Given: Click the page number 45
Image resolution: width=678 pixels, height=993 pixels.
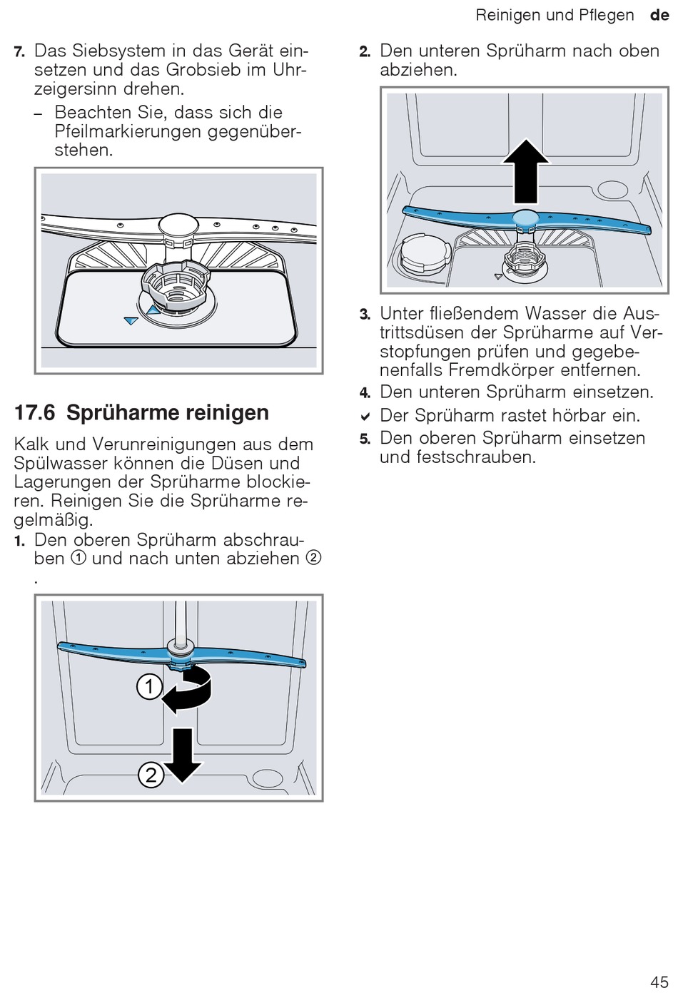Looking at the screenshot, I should coord(659,980).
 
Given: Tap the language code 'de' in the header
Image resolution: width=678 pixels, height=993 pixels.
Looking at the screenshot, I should coord(659,15).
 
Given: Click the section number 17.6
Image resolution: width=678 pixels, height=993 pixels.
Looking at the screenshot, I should coord(34,412).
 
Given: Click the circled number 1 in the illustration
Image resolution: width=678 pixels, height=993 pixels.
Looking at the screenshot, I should coord(149,688).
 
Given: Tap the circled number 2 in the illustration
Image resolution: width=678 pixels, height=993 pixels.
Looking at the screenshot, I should coord(151,775).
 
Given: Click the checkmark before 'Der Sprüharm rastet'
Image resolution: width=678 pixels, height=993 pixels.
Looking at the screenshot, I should coord(365,417).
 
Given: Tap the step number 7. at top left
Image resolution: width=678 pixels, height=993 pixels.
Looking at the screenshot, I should coord(19,52).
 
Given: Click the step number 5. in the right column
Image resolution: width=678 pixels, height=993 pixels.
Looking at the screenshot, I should coord(365,439).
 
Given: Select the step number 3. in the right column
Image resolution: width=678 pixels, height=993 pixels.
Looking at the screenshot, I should coord(365,315).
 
